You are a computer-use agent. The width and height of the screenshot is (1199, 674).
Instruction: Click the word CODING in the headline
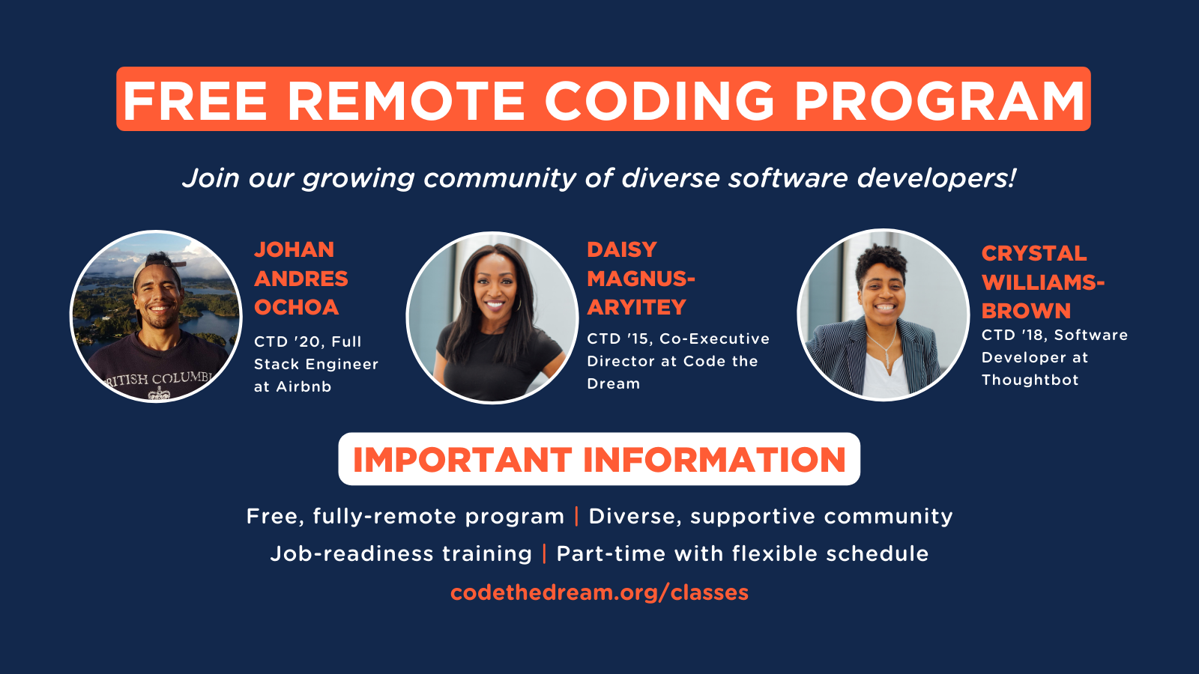click(659, 100)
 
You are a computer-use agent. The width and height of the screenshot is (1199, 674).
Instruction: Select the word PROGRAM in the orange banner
click(940, 100)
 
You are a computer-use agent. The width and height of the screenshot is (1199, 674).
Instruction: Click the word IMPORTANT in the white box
click(462, 460)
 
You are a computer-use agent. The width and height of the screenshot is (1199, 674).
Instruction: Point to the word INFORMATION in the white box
click(714, 460)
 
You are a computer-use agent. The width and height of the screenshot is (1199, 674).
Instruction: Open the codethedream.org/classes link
click(599, 592)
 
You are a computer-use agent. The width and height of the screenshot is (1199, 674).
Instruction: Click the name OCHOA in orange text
click(297, 307)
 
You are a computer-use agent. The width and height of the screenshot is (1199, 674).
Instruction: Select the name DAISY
click(622, 250)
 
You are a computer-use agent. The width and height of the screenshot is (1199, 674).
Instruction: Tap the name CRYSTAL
click(1034, 254)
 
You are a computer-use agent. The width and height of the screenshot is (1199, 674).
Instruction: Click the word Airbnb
click(303, 386)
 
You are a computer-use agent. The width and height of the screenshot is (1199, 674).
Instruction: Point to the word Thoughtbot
click(1030, 380)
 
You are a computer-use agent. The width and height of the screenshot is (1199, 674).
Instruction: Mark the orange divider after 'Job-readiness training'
click(544, 553)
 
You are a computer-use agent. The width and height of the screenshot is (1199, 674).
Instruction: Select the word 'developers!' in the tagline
click(936, 177)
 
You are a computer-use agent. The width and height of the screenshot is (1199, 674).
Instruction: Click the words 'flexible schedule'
click(830, 553)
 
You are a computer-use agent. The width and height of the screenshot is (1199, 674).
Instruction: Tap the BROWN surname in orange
click(1026, 311)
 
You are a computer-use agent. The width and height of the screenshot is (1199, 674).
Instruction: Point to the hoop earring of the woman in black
click(519, 304)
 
